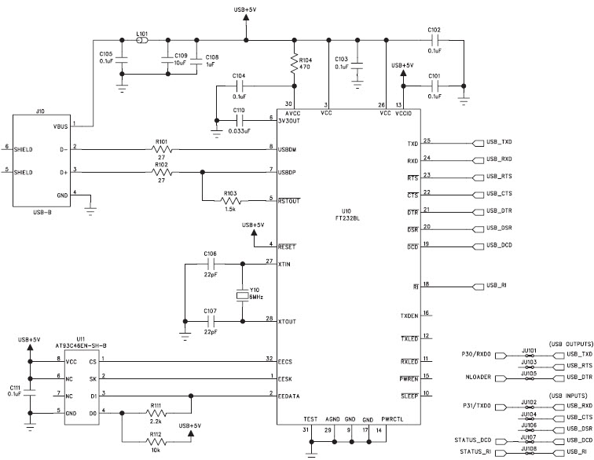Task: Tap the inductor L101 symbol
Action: tap(142, 41)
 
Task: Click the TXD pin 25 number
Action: tap(427, 140)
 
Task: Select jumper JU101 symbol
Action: tap(530, 356)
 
